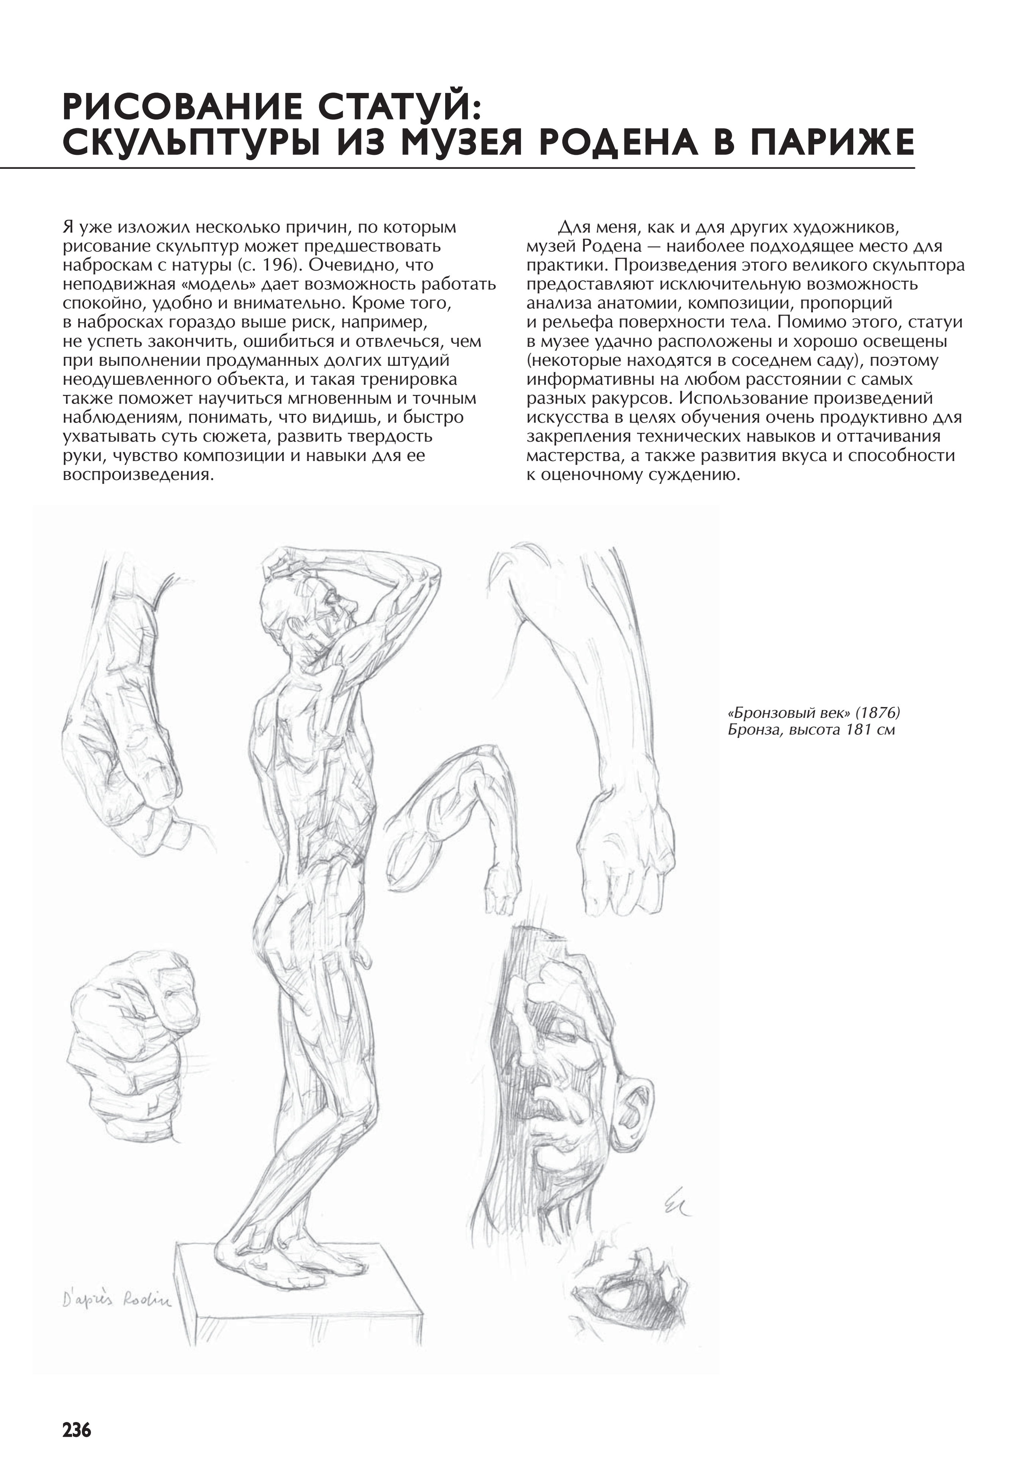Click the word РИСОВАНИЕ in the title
click(180, 107)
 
